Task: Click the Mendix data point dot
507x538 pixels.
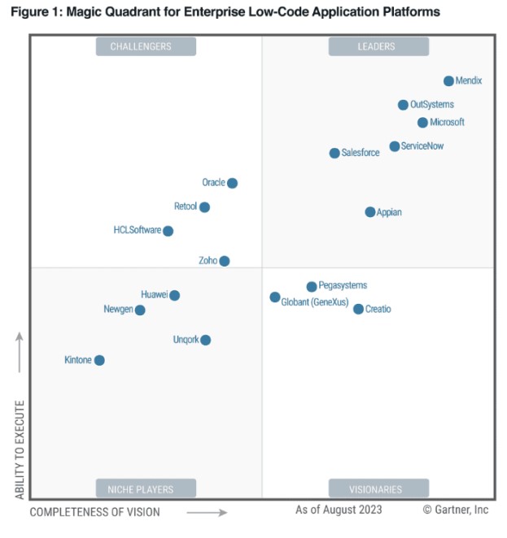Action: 448,81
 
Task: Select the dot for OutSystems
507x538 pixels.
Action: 403,105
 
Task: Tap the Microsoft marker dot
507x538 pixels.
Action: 422,123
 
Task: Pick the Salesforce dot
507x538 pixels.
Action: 334,153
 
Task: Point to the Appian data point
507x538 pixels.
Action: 370,212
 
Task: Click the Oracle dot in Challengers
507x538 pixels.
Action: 232,183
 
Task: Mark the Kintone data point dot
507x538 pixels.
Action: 99,360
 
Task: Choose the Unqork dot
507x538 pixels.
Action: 206,340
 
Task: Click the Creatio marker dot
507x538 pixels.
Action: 358,309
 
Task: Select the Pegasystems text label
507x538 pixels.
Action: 343,285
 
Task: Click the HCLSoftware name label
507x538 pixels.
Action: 138,230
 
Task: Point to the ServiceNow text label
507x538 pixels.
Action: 422,146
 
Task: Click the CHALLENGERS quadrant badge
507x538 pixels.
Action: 146,46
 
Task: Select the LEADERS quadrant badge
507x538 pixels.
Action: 378,46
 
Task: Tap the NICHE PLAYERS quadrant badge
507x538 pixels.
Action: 146,489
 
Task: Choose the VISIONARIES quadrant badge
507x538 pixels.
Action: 378,489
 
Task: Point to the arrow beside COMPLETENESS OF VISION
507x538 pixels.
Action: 207,512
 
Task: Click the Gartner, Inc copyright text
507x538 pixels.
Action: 456,510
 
